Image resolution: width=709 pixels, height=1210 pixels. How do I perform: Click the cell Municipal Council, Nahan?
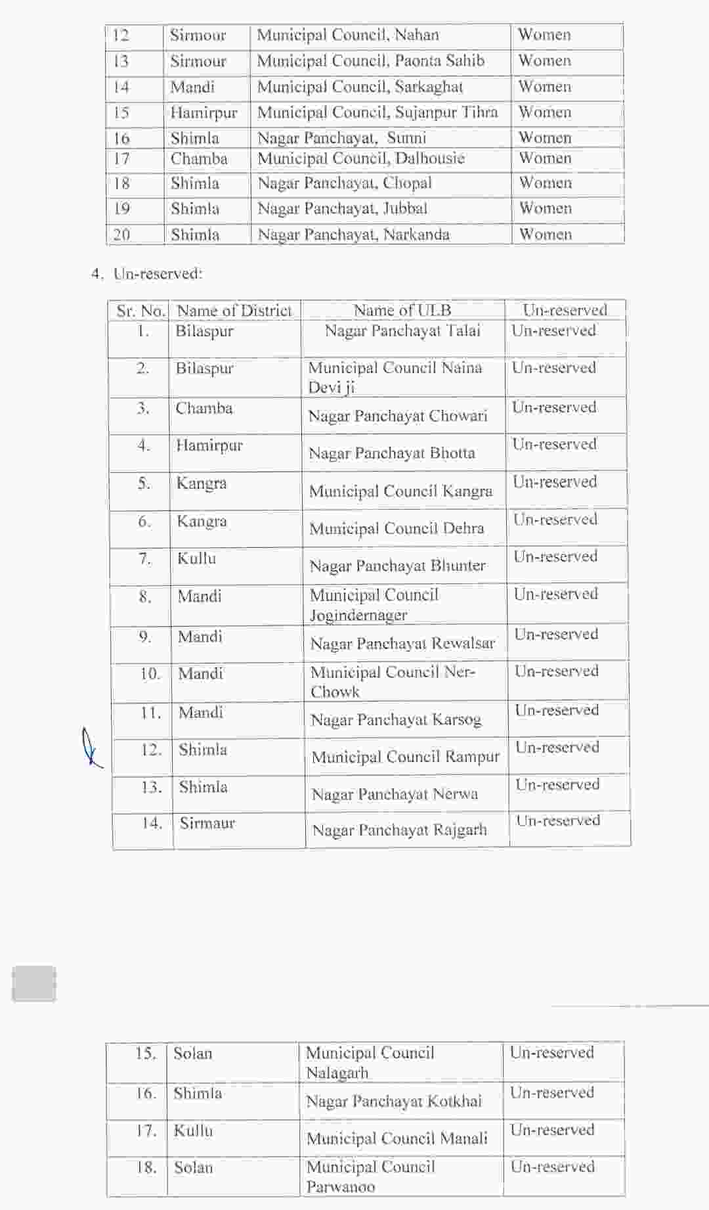coord(348,35)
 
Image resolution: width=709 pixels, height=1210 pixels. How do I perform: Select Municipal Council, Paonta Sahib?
coord(370,61)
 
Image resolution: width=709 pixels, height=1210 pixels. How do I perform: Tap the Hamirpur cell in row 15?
coord(204,113)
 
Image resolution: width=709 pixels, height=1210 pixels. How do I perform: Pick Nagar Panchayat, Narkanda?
coord(353,235)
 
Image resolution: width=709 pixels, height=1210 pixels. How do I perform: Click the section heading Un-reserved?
coord(158,273)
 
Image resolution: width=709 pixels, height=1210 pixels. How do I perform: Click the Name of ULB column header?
coord(402,310)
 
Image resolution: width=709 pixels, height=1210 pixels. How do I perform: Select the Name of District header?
coord(234,310)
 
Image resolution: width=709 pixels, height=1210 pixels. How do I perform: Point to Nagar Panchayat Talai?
coord(402,330)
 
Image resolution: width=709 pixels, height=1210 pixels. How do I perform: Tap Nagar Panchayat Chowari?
coord(398,416)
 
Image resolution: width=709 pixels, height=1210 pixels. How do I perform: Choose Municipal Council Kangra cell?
coord(400,491)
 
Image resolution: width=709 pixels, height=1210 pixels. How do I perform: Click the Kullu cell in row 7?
coord(196,558)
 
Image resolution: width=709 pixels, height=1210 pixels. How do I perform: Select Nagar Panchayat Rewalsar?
coord(402,643)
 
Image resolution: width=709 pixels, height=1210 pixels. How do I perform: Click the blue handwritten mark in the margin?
coord(91,748)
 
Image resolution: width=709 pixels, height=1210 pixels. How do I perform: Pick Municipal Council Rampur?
coord(405,757)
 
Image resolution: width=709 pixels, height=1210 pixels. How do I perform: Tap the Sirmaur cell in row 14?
coord(207,823)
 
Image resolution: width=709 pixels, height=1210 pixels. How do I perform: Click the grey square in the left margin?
coord(34,983)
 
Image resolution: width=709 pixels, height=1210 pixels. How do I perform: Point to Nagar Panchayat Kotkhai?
coord(394,1101)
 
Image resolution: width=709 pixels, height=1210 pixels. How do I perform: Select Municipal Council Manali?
coord(397,1138)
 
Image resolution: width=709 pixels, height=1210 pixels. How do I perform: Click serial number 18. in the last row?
coord(146,1167)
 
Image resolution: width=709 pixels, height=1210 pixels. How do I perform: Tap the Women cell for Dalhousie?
coord(545,158)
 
